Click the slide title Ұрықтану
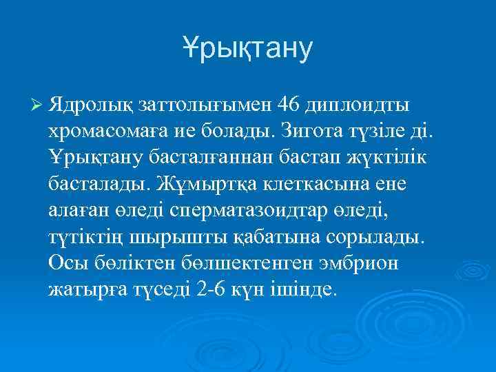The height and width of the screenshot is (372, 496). (248, 48)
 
